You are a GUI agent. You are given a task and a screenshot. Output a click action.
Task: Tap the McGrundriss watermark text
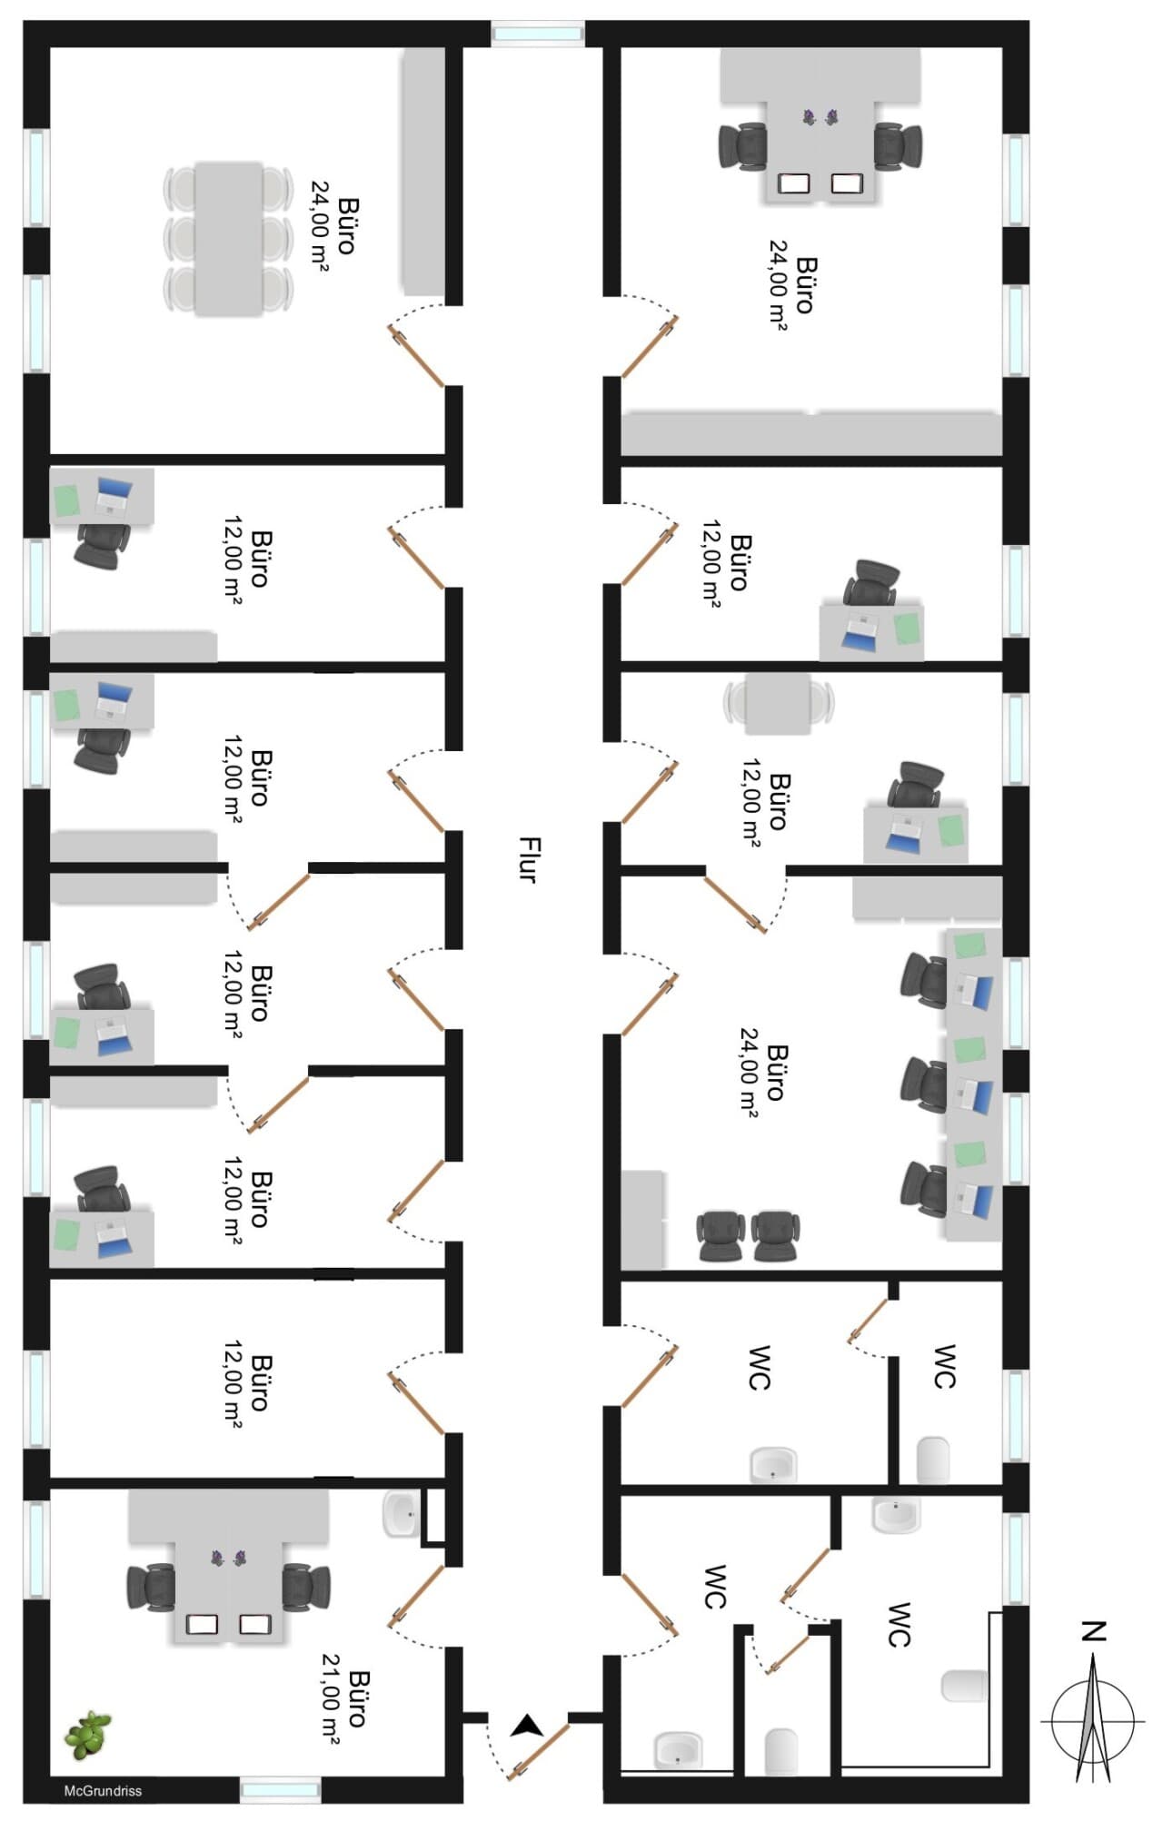pos(103,1791)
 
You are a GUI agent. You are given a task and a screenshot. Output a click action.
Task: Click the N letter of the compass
pos(1094,1631)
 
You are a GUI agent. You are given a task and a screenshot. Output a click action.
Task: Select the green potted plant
pos(88,1733)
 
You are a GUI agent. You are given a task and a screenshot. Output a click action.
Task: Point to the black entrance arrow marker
pos(526,1725)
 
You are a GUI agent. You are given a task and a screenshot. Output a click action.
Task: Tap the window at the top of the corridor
pos(537,34)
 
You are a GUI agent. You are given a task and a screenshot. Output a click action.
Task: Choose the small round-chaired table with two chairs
pos(779,703)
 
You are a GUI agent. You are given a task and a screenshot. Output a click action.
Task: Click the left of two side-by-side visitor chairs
pos(721,1235)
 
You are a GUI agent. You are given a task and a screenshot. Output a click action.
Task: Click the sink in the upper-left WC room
pos(773,1464)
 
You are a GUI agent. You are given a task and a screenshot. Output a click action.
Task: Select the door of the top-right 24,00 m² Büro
pos(650,346)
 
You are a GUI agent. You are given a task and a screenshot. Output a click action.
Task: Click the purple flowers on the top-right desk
pos(820,116)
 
